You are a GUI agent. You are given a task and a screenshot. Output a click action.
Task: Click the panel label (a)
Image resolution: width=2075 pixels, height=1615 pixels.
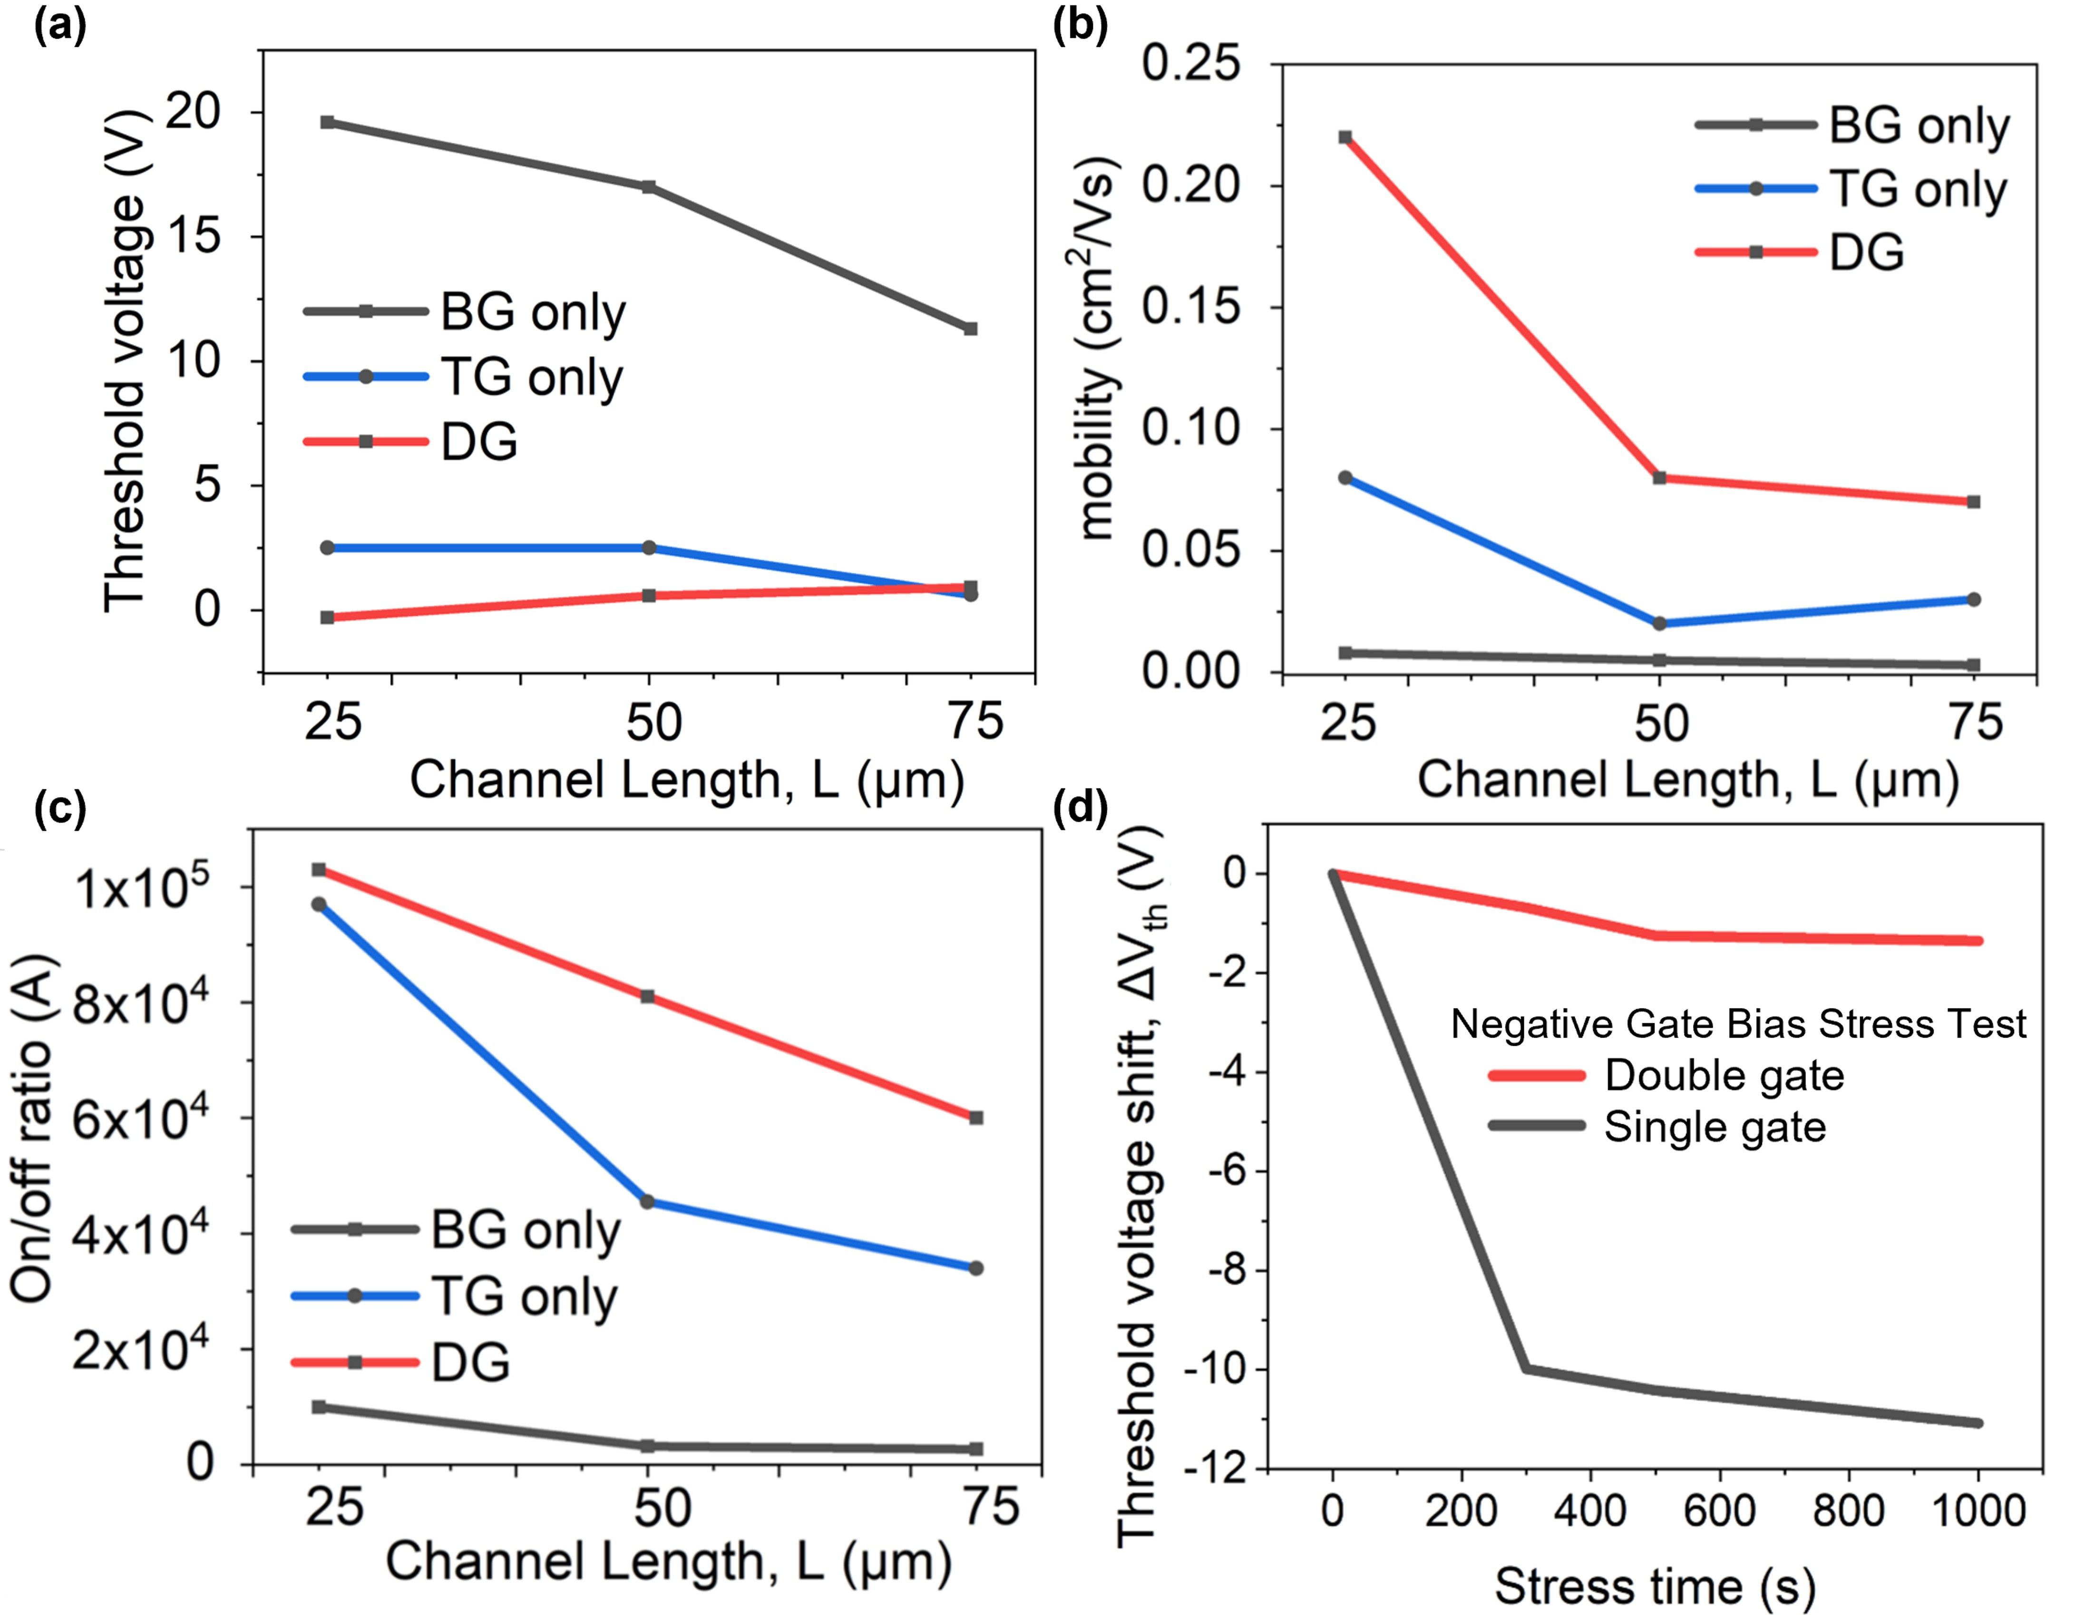[x=59, y=27]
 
